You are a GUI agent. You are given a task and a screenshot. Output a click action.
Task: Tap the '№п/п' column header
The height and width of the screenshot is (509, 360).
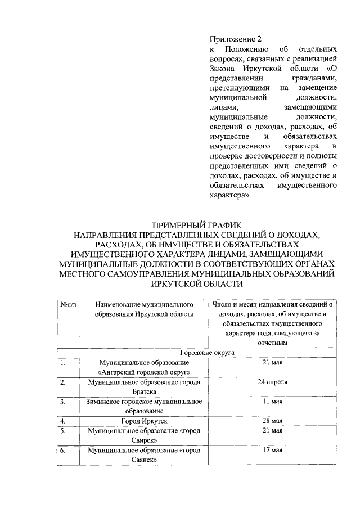click(x=68, y=304)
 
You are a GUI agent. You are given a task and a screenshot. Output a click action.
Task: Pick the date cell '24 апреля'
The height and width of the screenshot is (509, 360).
click(x=272, y=382)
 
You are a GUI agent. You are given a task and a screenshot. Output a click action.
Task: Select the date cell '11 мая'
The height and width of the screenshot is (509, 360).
click(x=272, y=402)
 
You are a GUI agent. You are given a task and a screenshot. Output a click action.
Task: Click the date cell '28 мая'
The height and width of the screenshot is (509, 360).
click(x=272, y=421)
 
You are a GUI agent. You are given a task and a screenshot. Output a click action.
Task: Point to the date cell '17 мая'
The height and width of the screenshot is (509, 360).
click(x=272, y=451)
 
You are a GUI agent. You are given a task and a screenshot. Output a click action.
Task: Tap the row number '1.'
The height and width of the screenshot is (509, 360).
click(x=64, y=363)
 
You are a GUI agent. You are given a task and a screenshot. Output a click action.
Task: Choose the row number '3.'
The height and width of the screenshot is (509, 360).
click(x=64, y=402)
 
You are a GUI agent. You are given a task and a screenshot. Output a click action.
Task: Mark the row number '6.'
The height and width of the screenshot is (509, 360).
click(x=64, y=451)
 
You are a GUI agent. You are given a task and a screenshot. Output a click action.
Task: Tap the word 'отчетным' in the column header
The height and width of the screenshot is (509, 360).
click(x=272, y=342)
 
